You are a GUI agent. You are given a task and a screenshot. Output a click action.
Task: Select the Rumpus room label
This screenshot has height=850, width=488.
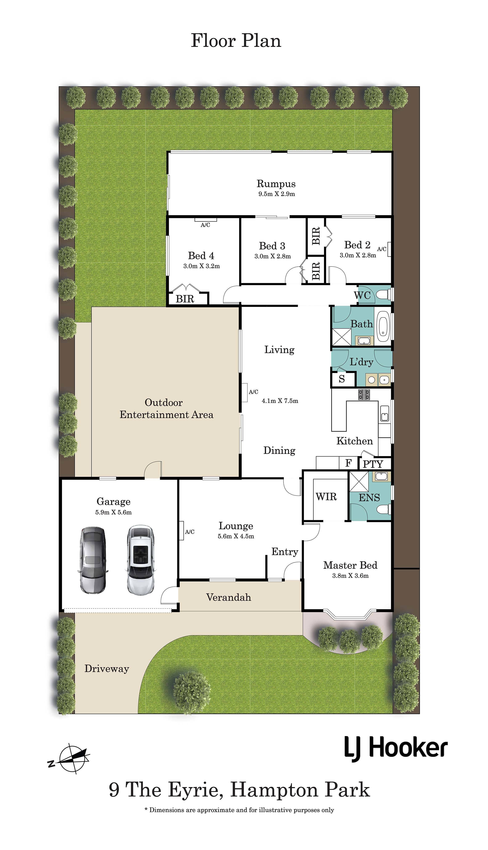[x=276, y=184]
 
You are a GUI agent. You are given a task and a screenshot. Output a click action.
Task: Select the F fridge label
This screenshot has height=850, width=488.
[x=348, y=463]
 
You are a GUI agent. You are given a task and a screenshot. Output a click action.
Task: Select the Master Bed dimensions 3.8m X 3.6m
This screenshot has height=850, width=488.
[x=350, y=576]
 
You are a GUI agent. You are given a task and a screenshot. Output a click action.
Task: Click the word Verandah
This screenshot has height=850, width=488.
[x=229, y=598]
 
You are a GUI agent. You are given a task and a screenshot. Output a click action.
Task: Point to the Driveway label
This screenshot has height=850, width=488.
[x=107, y=669]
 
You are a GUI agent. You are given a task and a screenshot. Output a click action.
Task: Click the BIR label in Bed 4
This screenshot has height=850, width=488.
[x=185, y=299]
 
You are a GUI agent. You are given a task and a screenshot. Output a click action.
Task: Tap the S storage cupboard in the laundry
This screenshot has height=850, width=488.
[x=342, y=379]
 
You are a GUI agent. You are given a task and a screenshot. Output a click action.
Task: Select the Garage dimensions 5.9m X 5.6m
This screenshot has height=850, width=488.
[x=113, y=512]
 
